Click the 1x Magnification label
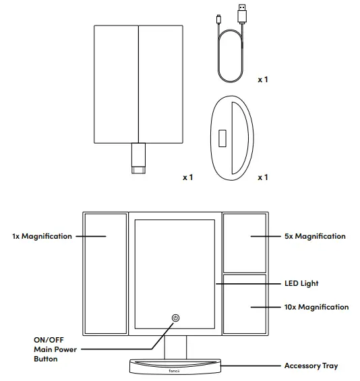tap(42, 237)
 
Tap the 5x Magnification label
tap(314, 237)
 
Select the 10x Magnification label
tap(316, 307)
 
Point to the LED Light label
tap(301, 284)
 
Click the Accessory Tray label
tap(311, 366)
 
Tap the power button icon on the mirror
tap(175, 318)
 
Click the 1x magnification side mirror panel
tap(105, 274)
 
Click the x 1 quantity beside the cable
tap(263, 80)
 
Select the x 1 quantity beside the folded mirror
tap(187, 177)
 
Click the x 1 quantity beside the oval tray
tap(263, 177)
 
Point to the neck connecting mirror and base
tap(175, 346)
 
